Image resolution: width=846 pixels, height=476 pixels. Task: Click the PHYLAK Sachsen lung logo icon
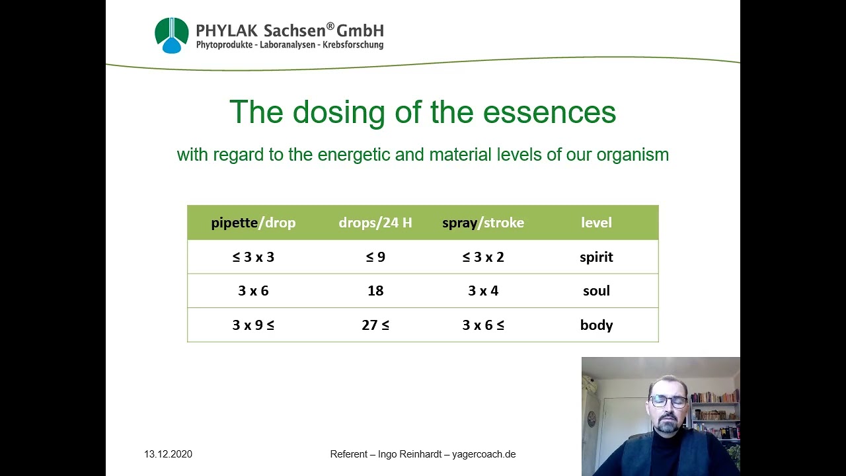[x=171, y=35]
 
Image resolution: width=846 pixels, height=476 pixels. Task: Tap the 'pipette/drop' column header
[x=253, y=223]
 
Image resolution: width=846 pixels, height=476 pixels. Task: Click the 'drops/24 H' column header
[x=375, y=223]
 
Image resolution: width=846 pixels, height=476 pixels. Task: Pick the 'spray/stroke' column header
[x=483, y=223]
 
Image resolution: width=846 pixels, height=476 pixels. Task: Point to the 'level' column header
[x=596, y=223]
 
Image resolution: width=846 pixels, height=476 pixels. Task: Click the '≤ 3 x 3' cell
[x=253, y=257]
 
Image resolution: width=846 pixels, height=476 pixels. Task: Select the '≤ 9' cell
[x=375, y=257]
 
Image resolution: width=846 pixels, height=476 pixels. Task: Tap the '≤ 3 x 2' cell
[x=483, y=257]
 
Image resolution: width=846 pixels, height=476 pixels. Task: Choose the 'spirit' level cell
[x=596, y=257]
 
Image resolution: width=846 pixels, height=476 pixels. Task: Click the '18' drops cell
[x=375, y=291]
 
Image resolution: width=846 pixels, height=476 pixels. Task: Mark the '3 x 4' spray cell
[x=483, y=291]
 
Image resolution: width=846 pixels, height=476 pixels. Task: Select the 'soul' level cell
[x=596, y=291]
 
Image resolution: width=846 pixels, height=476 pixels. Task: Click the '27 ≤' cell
[x=375, y=325]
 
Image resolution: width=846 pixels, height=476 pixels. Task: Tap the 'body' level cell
[x=596, y=325]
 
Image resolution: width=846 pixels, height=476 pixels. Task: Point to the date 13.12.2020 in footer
[x=169, y=454]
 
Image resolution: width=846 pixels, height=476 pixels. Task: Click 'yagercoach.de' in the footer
[x=484, y=454]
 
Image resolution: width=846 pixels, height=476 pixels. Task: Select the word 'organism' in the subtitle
[x=633, y=155]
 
